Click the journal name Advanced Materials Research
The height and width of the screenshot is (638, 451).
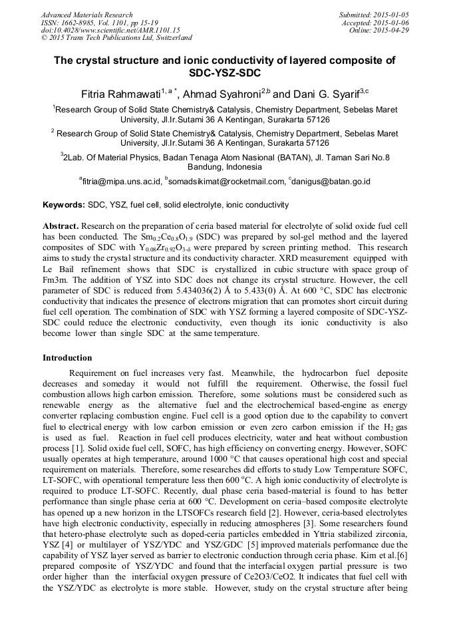click(86, 15)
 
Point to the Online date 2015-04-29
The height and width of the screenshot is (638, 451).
click(393, 30)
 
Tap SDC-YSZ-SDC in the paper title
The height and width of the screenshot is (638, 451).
click(225, 73)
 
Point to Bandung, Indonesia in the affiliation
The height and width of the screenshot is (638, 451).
click(225, 167)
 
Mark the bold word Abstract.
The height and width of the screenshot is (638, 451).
click(61, 226)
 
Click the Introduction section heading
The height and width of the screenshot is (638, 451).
click(67, 358)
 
